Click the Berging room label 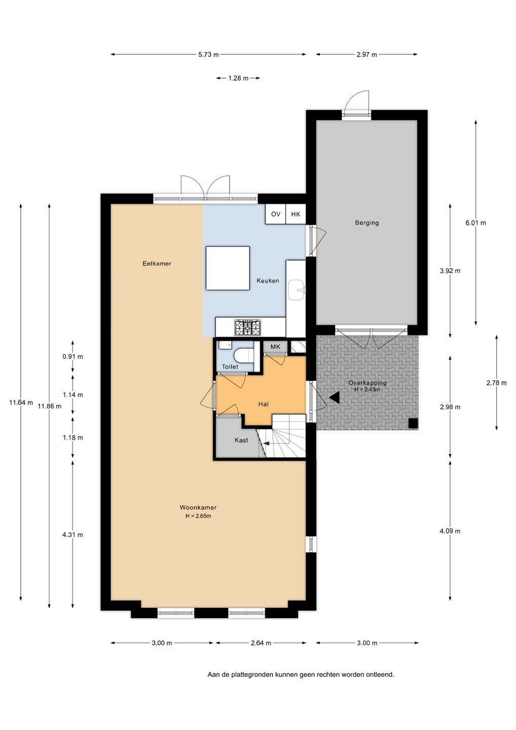tap(367, 223)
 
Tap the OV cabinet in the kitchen tap(276, 214)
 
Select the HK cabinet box tap(296, 214)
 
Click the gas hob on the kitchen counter tap(247, 327)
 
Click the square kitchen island tap(228, 268)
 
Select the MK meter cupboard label tap(275, 347)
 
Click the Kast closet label tap(241, 440)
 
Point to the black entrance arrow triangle tap(335, 397)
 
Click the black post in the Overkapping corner tap(414, 423)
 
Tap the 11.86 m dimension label tap(50, 407)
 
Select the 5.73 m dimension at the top tap(208, 55)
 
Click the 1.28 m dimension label tap(238, 78)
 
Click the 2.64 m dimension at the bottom tap(261, 643)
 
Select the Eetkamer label tap(157, 264)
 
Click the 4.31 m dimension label tap(72, 535)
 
